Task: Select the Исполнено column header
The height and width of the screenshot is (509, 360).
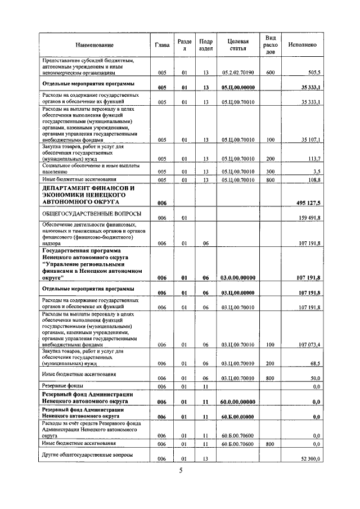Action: coord(302,44)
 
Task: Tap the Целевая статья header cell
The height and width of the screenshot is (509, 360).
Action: coord(238,44)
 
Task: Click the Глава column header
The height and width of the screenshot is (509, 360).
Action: coord(162,44)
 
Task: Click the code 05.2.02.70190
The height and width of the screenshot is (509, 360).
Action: coord(238,73)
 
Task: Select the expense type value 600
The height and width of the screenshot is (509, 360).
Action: coord(270,73)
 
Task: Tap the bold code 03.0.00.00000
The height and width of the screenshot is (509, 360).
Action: coord(238,277)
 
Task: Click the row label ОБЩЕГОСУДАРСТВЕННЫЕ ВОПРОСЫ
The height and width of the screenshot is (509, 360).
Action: coord(83,214)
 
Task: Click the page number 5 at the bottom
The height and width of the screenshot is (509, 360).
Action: coord(181,471)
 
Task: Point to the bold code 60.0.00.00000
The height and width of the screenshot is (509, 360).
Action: coord(238,402)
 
